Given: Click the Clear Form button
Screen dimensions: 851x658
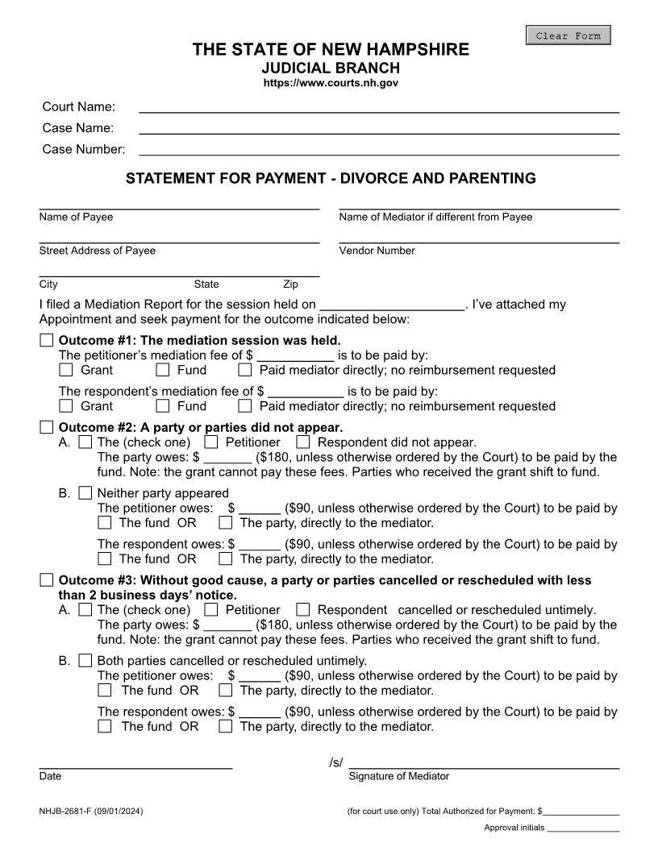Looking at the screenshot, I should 568,35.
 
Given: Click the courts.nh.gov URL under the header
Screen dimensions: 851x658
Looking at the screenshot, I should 331,83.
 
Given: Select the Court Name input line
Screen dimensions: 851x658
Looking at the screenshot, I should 379,106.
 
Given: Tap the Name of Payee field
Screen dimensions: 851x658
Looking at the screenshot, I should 179,203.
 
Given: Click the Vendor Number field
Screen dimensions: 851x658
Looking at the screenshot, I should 479,236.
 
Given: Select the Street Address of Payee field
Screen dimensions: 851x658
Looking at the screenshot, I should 179,236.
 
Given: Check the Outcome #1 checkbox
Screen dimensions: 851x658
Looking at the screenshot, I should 47,340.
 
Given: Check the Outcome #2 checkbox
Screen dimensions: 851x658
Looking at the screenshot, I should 47,427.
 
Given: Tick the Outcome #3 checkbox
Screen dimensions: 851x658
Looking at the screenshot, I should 47,580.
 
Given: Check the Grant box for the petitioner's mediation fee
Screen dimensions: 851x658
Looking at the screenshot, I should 66,370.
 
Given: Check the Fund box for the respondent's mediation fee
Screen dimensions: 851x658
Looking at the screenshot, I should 163,406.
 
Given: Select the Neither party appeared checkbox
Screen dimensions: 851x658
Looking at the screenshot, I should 85,493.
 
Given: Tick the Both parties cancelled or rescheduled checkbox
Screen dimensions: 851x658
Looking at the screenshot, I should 85,661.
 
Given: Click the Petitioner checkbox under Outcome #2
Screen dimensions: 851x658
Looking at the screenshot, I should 211,442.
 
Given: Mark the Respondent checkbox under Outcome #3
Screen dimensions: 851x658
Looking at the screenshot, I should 303,610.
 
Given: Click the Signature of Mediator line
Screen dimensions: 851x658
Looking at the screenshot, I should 484,763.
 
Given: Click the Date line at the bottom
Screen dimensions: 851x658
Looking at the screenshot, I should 135,763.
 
